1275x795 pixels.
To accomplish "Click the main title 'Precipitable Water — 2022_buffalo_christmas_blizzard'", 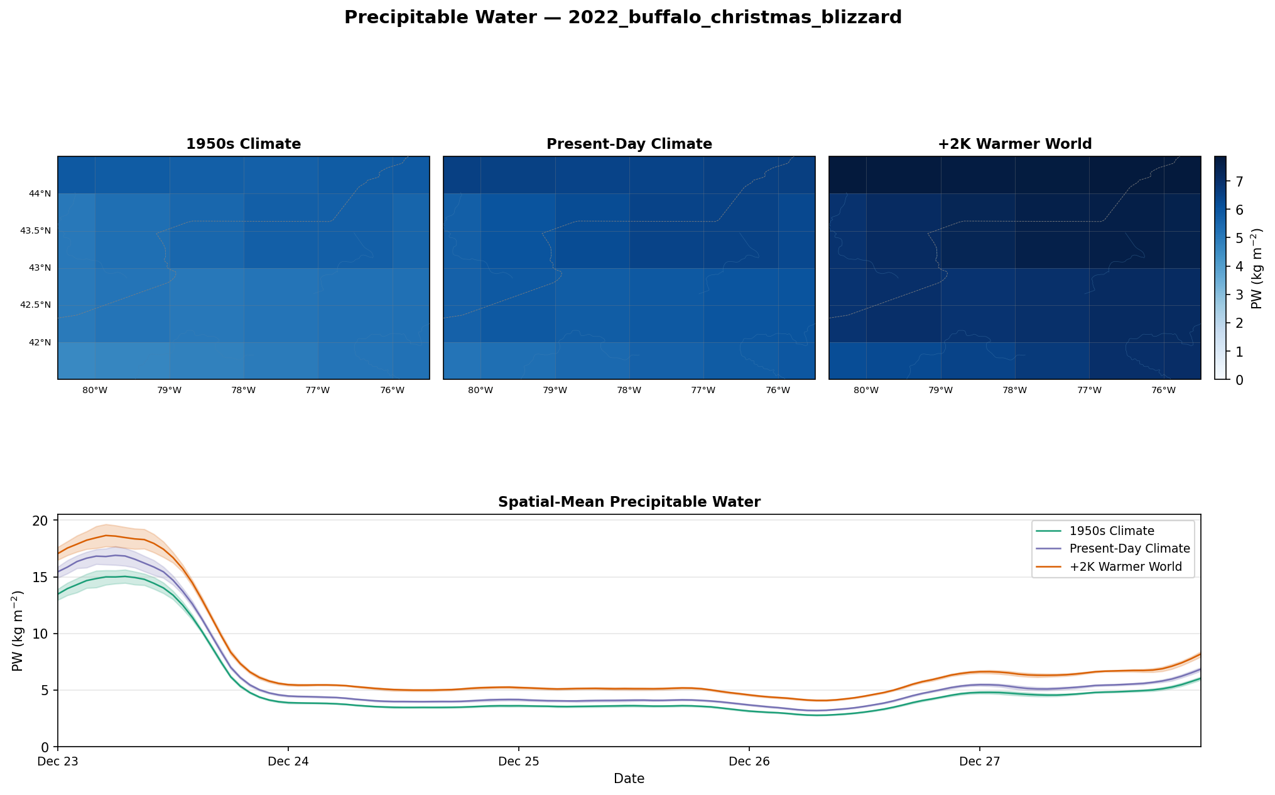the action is click(622, 18).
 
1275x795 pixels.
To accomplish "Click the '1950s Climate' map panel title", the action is click(243, 144).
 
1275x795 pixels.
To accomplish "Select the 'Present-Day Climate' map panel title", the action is click(629, 144).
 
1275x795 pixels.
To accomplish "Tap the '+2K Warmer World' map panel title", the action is click(1014, 144).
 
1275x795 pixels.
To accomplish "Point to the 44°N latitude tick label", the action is click(39, 194).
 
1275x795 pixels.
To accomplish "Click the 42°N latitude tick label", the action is click(39, 343).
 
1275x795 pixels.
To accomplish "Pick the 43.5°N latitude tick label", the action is click(36, 231).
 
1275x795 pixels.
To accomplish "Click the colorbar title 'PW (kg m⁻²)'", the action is click(1256, 268).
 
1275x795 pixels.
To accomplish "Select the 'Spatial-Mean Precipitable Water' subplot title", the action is click(629, 502).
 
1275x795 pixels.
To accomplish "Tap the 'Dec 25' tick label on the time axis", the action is click(518, 762).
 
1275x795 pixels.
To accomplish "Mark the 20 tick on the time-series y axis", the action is click(41, 521).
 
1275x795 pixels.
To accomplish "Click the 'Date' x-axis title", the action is click(629, 779).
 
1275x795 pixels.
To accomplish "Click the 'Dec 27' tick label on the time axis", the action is click(979, 762).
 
